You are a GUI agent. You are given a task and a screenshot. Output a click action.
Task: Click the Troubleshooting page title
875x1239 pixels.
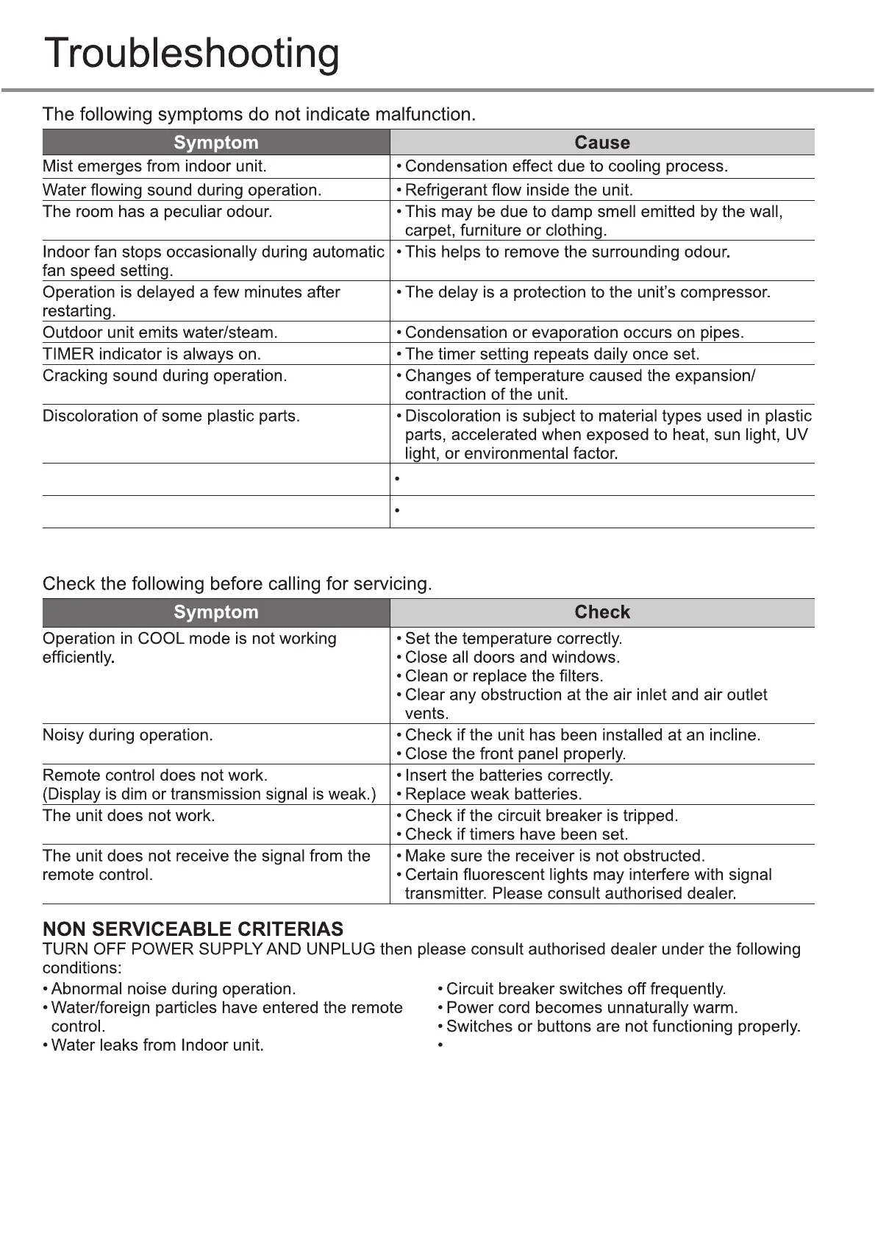(192, 53)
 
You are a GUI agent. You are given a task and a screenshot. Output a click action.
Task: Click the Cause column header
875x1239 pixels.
(601, 142)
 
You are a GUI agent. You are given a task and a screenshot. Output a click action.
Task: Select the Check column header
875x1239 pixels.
(601, 612)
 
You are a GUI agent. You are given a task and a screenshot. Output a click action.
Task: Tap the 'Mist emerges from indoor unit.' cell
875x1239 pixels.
(154, 166)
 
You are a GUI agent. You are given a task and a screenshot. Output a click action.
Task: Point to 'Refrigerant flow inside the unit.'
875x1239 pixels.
(518, 190)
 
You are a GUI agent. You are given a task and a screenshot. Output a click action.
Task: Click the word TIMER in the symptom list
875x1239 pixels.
(68, 354)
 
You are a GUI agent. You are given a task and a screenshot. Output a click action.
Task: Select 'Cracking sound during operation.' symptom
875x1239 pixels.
(165, 376)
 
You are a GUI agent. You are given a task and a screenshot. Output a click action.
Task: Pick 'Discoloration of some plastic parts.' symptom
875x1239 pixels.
(171, 416)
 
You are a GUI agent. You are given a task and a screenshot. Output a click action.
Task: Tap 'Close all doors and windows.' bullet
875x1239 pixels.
(512, 658)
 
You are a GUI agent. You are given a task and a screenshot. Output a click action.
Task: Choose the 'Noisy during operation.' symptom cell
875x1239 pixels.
(127, 735)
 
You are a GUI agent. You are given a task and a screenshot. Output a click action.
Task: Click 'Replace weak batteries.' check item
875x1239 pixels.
(493, 795)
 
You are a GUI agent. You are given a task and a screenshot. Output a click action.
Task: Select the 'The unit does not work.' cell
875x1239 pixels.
(129, 816)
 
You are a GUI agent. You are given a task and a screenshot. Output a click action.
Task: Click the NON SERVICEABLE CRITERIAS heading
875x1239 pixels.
(193, 929)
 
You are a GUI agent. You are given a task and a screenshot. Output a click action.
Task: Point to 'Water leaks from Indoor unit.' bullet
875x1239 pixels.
(157, 1045)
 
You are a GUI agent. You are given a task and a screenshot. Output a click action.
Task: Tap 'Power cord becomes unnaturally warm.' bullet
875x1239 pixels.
(591, 1008)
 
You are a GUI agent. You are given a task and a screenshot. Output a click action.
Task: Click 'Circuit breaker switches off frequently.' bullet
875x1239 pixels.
(585, 989)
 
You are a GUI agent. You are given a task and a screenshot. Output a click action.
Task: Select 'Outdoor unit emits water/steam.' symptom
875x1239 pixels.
(160, 333)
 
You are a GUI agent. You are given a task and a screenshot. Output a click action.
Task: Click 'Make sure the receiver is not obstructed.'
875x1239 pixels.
(554, 856)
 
